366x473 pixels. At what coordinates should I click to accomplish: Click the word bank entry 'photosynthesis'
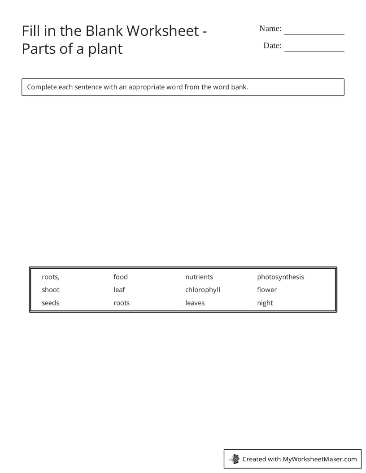[x=280, y=277]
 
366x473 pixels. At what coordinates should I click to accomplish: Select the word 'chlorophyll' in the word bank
[x=203, y=290]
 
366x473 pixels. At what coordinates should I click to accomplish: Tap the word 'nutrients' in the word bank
[x=199, y=277]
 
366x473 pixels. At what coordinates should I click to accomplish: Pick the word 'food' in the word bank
[x=121, y=277]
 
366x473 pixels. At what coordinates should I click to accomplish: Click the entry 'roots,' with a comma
[x=51, y=277]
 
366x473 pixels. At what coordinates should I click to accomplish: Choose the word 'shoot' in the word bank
[x=51, y=290]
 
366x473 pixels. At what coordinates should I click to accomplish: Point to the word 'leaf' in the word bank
[x=119, y=290]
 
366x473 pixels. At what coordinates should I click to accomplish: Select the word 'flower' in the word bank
[x=267, y=290]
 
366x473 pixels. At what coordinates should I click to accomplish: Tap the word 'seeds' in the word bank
[x=51, y=303]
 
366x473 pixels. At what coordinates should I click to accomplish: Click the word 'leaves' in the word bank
[x=195, y=303]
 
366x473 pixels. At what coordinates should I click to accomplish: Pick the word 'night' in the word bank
[x=265, y=303]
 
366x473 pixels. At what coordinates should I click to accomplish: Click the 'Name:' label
[x=270, y=29]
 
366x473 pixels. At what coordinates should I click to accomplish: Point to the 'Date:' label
[x=272, y=46]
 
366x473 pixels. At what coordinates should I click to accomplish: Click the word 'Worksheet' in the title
[x=162, y=30]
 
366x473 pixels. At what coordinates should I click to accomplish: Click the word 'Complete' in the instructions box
[x=42, y=87]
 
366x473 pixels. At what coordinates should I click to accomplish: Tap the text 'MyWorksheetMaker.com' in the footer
[x=320, y=459]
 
